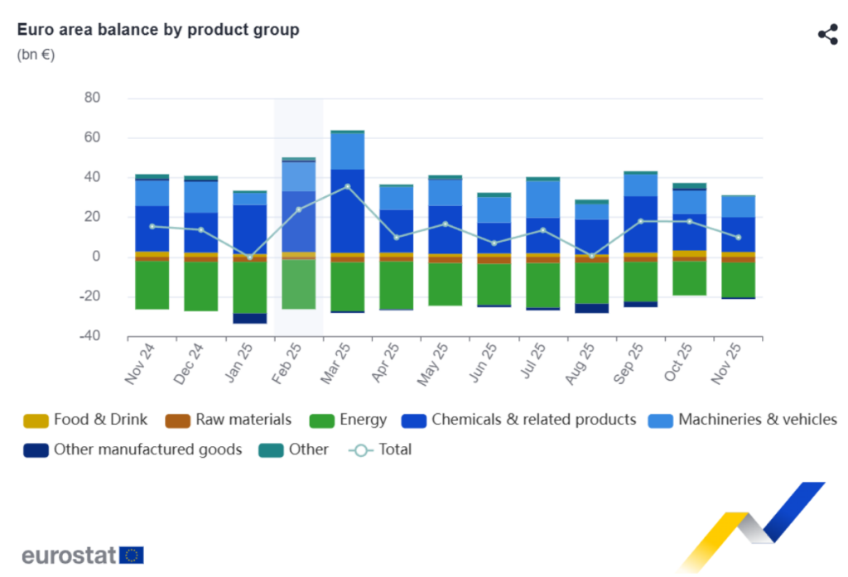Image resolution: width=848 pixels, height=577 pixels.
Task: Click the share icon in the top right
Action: (x=827, y=34)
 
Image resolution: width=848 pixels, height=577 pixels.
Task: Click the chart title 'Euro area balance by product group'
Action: (x=158, y=30)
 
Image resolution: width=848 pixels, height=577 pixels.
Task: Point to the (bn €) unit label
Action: (x=36, y=55)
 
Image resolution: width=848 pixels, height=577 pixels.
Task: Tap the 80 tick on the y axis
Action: (x=91, y=98)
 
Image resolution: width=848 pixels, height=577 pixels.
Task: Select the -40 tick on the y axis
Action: (x=89, y=336)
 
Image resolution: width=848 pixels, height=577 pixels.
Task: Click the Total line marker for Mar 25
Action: (x=348, y=186)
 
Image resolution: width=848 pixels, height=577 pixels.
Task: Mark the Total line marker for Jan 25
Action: (x=250, y=257)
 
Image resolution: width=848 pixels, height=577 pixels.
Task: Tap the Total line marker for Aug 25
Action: (x=591, y=256)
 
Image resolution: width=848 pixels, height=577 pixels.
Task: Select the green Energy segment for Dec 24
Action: (x=201, y=286)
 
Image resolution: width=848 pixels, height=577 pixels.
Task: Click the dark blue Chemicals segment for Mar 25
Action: (x=348, y=211)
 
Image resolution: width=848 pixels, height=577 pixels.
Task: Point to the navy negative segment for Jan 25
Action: (x=250, y=318)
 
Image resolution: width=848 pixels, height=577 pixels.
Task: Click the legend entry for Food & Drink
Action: (x=87, y=420)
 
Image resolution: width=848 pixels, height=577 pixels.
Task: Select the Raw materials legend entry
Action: (x=229, y=420)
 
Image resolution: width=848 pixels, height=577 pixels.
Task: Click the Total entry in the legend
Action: (x=380, y=450)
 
